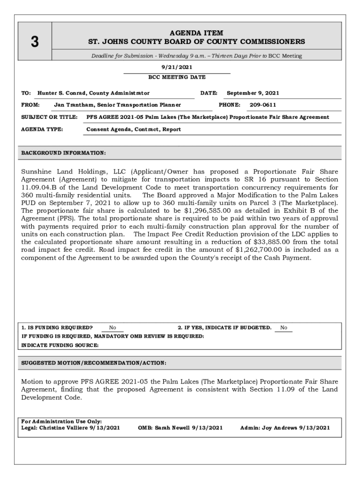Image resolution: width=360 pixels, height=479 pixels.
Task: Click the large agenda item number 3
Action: coord(35,42)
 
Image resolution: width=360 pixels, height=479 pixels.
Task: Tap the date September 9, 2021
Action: coord(253,93)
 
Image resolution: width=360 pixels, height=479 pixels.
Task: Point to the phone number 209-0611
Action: coord(262,105)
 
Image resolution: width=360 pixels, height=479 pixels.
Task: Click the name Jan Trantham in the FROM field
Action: coord(72,105)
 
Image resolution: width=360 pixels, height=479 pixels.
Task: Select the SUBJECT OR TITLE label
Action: coord(49,117)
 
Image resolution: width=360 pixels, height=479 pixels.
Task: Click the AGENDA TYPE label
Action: coord(42,129)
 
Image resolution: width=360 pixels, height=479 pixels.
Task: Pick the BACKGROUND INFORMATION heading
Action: coord(64,153)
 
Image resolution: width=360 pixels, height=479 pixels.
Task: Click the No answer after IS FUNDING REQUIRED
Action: coord(113,328)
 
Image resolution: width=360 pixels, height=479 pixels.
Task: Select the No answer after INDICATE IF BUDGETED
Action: coord(284,328)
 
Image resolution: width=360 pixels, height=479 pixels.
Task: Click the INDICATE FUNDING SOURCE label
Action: coord(60,345)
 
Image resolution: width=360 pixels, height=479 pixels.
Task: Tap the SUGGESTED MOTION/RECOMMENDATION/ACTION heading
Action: coord(94,363)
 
